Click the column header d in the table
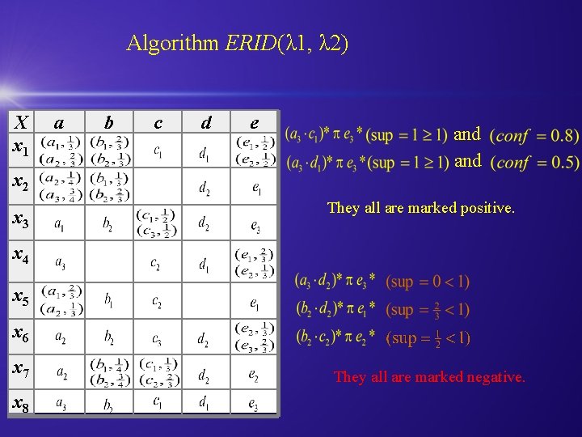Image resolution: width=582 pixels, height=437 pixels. pyautogui.click(x=206, y=122)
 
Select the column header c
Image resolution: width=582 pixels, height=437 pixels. pyautogui.click(x=158, y=122)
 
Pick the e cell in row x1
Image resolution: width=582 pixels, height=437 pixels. pyautogui.click(x=254, y=151)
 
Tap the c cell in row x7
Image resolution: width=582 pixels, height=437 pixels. pyautogui.click(x=158, y=373)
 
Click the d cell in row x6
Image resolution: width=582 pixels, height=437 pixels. pyautogui.click(x=206, y=337)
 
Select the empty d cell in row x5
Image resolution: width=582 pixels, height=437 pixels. pyautogui.click(x=206, y=300)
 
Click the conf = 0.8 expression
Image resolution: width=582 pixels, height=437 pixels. pyautogui.click(x=535, y=135)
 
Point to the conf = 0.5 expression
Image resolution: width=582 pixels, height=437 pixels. pyautogui.click(x=535, y=163)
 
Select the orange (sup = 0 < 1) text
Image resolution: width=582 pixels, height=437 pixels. pyautogui.click(x=428, y=282)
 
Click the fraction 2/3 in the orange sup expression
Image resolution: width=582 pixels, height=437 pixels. pyautogui.click(x=434, y=309)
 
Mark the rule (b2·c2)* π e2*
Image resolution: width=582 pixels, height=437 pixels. pyautogui.click(x=335, y=337)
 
